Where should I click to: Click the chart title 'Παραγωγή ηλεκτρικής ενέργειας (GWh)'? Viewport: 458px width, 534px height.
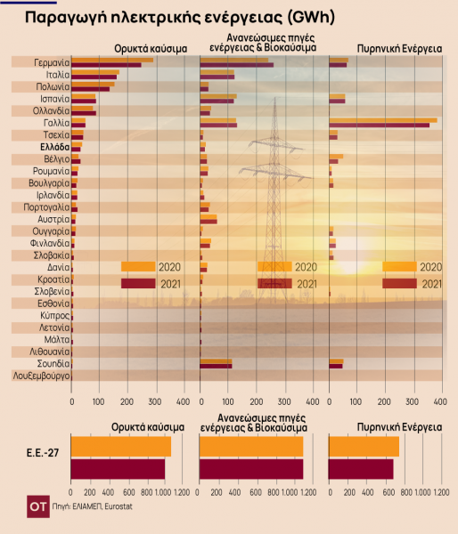(180, 18)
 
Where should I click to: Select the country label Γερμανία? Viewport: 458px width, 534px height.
(52, 62)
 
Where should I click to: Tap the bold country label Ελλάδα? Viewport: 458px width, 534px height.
(55, 147)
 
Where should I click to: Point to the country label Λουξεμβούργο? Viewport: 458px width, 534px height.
(41, 376)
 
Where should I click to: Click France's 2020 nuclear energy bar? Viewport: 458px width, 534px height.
(383, 120)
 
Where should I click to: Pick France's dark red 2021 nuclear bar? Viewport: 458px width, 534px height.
(380, 125)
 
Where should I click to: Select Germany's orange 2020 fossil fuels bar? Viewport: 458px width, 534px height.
(112, 61)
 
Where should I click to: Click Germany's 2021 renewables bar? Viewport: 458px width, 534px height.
(237, 65)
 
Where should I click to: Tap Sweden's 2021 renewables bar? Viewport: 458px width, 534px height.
(216, 366)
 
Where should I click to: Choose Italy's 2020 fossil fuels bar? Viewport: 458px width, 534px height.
(95, 72)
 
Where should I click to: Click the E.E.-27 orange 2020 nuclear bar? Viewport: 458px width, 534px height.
(364, 447)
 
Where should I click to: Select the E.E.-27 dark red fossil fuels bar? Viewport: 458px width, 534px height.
(118, 469)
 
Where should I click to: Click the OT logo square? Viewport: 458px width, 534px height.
(38, 506)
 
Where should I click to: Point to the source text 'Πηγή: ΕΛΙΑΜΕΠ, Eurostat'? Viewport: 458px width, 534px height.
(92, 506)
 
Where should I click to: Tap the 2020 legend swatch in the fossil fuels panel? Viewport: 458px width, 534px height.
(138, 267)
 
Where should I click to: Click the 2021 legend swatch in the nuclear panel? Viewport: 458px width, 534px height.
(399, 283)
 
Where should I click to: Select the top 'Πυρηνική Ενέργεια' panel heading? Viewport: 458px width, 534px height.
(399, 49)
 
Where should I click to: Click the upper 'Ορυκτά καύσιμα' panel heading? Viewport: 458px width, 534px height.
(151, 49)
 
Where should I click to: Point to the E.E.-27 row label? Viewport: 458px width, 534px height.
(43, 453)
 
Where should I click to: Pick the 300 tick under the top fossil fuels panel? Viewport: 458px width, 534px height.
(155, 402)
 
